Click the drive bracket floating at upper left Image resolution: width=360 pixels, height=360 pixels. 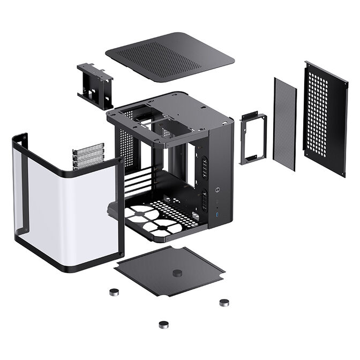96,84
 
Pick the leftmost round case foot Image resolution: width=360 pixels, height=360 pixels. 113,292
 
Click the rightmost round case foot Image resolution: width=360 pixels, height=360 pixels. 223,302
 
